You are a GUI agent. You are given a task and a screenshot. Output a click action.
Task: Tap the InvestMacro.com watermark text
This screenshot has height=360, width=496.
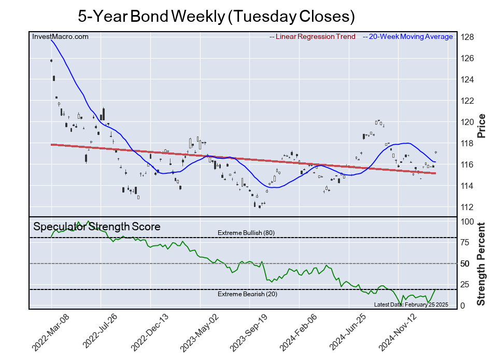pyautogui.click(x=60, y=36)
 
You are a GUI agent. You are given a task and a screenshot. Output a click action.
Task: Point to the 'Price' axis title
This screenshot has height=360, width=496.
pyautogui.click(x=481, y=126)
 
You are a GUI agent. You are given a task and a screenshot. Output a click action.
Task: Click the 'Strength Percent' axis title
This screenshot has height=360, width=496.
pyautogui.click(x=481, y=264)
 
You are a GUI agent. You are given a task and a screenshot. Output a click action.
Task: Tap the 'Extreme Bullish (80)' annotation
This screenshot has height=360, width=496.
pyautogui.click(x=246, y=233)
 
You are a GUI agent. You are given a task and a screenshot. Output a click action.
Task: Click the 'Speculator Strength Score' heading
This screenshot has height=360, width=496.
pyautogui.click(x=97, y=227)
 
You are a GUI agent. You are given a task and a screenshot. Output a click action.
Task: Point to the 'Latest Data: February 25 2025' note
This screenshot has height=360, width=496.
pyautogui.click(x=411, y=304)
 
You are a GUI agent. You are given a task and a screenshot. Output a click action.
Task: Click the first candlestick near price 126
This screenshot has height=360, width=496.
pyautogui.click(x=51, y=61)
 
